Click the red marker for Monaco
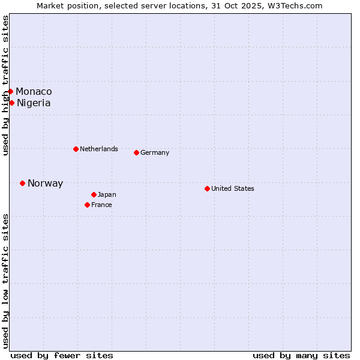coord(11,91)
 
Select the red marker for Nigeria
coord(11,103)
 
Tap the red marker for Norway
coord(22,183)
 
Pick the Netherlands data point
coord(76,149)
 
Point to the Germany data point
coord(136,152)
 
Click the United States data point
coord(207,188)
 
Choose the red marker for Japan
coord(94,194)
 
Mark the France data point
coord(87,205)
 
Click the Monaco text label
coord(34,91)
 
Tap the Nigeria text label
coord(34,103)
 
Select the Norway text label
coord(45,184)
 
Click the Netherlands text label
coord(98,149)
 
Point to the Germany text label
coord(155,152)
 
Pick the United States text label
coord(233,188)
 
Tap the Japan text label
coord(107,194)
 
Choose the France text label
coord(101,205)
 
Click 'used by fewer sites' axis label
coord(62,355)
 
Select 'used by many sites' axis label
coord(301,355)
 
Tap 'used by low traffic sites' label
coord(5,281)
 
